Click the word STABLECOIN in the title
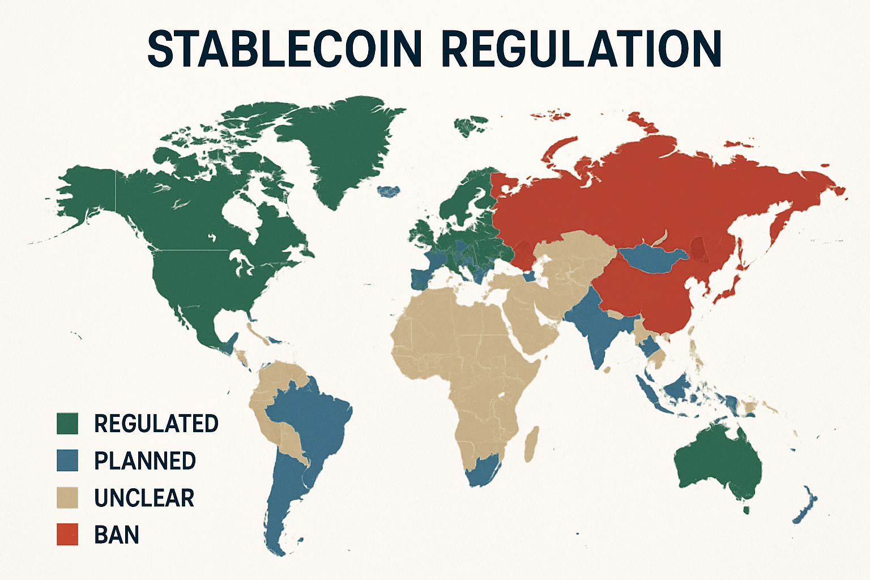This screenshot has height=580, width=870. [284, 49]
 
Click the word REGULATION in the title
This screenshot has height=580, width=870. [581, 49]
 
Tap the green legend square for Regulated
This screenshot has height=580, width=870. [67, 424]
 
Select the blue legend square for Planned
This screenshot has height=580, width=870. [67, 460]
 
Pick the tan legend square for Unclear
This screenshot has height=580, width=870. [67, 498]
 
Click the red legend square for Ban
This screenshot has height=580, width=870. [67, 535]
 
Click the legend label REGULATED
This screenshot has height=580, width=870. [156, 424]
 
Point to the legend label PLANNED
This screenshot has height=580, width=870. [145, 460]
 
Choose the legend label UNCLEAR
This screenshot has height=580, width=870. [144, 498]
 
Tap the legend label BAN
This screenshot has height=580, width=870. [117, 535]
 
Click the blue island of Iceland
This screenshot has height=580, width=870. [388, 191]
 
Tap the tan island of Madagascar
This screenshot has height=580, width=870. [531, 445]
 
